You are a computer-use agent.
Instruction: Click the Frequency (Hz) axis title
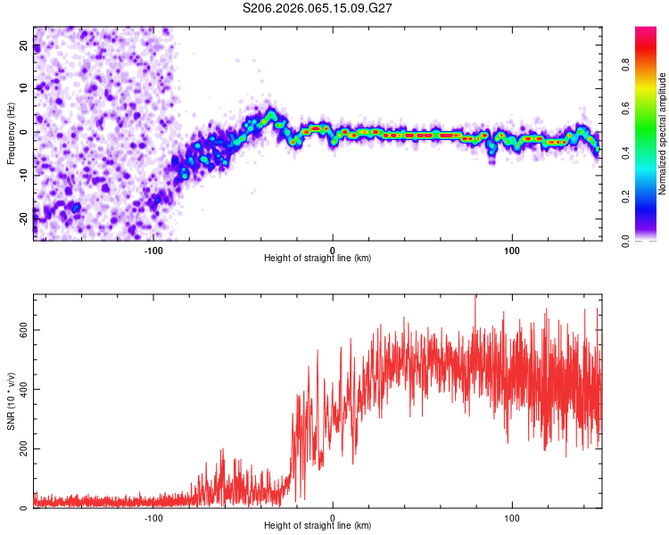pos(11,133)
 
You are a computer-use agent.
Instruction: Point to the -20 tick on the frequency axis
pos(24,218)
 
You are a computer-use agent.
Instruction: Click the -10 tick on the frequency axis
pos(24,175)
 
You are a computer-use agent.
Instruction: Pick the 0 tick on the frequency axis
pos(24,132)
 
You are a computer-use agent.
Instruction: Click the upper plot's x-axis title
pos(318,259)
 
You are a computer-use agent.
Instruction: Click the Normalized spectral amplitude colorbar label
pos(663,134)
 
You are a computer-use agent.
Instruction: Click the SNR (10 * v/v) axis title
pos(11,401)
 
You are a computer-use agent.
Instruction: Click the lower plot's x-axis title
pos(318,526)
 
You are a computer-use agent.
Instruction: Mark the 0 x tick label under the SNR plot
pos(333,516)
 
